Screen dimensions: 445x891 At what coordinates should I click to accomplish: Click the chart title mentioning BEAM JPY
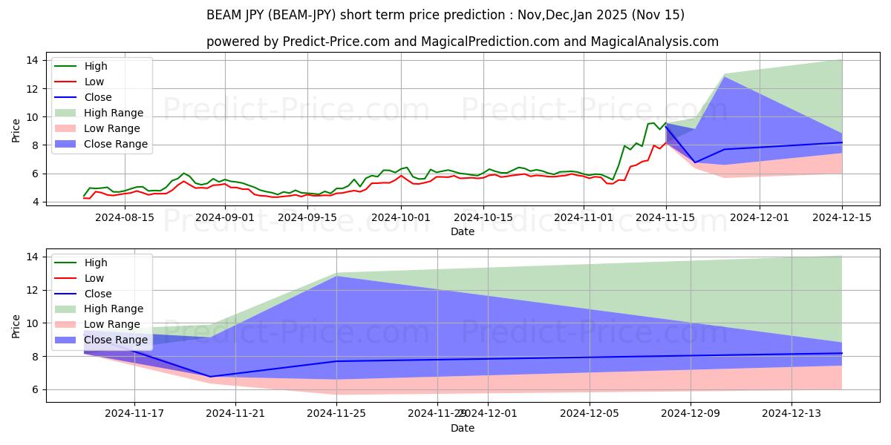click(446, 15)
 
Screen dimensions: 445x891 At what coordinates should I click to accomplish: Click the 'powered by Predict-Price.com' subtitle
click(462, 42)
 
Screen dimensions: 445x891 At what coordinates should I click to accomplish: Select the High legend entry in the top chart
click(95, 66)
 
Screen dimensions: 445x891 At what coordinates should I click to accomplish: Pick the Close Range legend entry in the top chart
click(116, 144)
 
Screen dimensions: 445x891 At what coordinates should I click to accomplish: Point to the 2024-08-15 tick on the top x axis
click(125, 217)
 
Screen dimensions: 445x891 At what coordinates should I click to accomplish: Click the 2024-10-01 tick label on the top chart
click(401, 217)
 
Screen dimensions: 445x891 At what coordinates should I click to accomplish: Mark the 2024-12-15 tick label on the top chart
click(842, 217)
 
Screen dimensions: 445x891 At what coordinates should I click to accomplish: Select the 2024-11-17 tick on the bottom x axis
click(134, 414)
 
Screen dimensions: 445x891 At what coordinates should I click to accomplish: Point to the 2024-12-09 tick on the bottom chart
click(691, 414)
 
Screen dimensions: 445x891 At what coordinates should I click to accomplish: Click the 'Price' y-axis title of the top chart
click(16, 130)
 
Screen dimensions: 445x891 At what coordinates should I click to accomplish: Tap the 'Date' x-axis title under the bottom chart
click(462, 428)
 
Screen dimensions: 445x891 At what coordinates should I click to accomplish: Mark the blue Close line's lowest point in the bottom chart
click(210, 376)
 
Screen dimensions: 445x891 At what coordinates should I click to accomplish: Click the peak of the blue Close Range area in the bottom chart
click(337, 276)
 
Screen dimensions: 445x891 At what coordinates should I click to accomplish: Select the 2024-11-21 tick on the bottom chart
click(235, 414)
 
